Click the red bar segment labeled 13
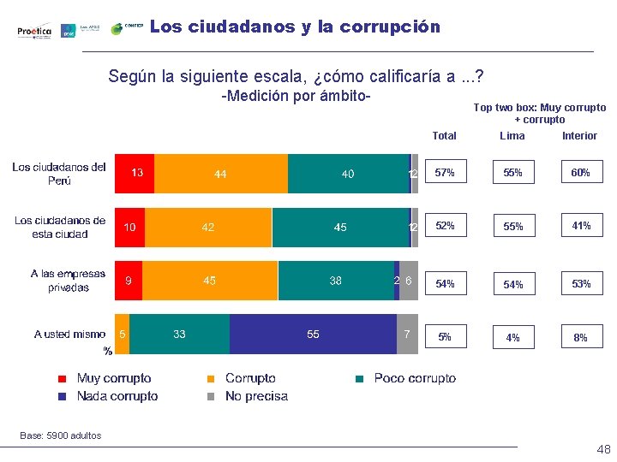[x=135, y=174]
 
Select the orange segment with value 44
[x=220, y=174]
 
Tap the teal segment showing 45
[x=340, y=228]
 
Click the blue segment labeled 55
[x=313, y=335]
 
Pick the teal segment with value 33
[x=179, y=335]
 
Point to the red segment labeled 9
[x=129, y=281]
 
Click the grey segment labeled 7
[x=407, y=335]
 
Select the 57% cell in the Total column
[x=445, y=173]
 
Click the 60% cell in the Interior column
[x=580, y=173]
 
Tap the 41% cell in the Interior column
[x=580, y=226]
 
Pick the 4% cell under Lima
[x=512, y=337]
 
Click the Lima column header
[x=512, y=136]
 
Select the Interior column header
[x=579, y=136]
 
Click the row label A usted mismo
[x=69, y=335]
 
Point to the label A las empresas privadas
[x=68, y=281]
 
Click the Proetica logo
[x=34, y=31]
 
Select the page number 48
[x=603, y=450]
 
